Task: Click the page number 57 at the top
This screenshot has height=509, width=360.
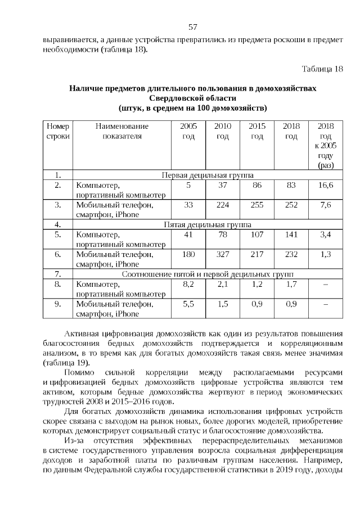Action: click(192, 26)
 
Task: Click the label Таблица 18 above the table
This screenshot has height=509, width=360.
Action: click(322, 69)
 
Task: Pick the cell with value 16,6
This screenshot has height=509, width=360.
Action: click(325, 184)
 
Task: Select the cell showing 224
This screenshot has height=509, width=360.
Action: click(223, 205)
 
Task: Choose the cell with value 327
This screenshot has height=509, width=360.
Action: click(223, 254)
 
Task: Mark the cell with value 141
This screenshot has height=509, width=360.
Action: click(291, 235)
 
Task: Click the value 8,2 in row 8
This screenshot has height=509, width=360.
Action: click(188, 284)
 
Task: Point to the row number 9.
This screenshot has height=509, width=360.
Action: click(57, 304)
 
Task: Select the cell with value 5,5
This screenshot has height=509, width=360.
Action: click(188, 304)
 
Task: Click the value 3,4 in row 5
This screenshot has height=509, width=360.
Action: click(325, 235)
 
